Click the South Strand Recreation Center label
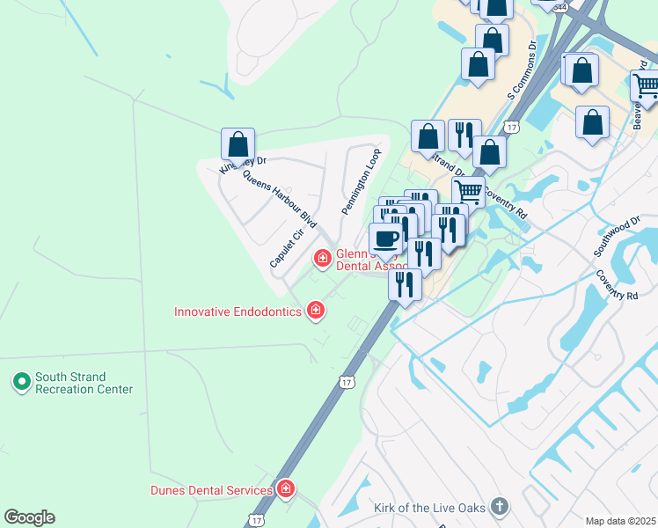tap(84, 383)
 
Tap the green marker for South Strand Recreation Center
tap(21, 383)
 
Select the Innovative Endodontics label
tap(238, 312)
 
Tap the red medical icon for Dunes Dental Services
tap(285, 489)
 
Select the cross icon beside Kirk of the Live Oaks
tap(499, 507)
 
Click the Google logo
tap(29, 517)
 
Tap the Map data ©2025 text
tap(621, 521)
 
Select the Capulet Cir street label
tap(287, 249)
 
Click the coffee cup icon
tap(385, 238)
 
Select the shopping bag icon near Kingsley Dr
tap(238, 143)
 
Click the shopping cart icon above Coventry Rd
tap(468, 191)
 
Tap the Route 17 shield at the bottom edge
tap(255, 521)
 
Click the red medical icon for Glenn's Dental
tap(323, 258)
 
